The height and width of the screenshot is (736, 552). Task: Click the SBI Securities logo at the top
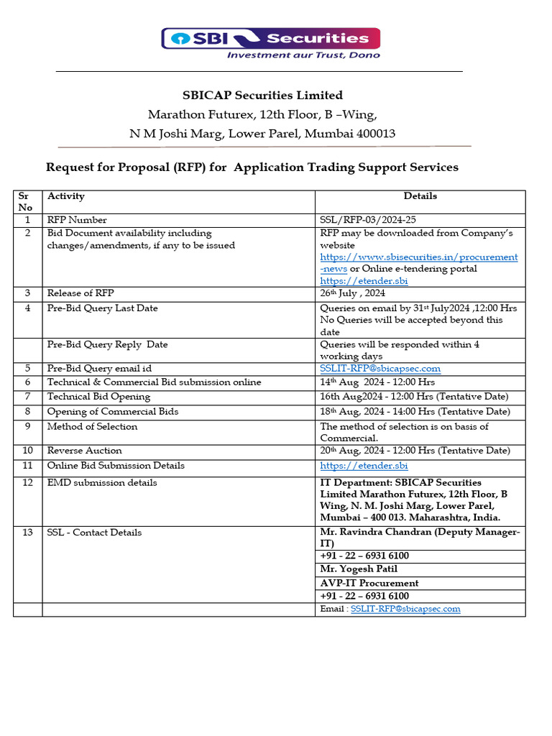pos(270,38)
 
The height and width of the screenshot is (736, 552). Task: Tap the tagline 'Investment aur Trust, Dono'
pos(303,55)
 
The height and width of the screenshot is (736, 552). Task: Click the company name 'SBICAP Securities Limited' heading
pos(262,95)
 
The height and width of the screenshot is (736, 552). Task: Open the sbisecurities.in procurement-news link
pos(418,257)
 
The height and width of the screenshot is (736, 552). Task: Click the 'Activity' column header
pos(66,196)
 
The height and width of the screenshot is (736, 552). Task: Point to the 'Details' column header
pos(420,195)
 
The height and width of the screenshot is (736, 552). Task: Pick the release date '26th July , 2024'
pos(352,293)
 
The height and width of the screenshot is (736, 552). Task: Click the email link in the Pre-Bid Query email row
pos(379,369)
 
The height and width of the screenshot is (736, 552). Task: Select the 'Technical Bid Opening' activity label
pos(98,396)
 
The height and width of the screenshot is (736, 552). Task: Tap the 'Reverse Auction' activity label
pos(84,451)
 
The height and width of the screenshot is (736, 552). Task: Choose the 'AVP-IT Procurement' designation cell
pos(369,583)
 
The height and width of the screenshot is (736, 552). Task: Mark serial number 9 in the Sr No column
pos(27,426)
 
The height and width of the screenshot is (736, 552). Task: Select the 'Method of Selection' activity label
pos(92,426)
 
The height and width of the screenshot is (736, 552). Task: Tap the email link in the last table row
pos(405,609)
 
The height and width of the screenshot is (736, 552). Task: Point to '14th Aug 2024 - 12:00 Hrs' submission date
pos(377,382)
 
